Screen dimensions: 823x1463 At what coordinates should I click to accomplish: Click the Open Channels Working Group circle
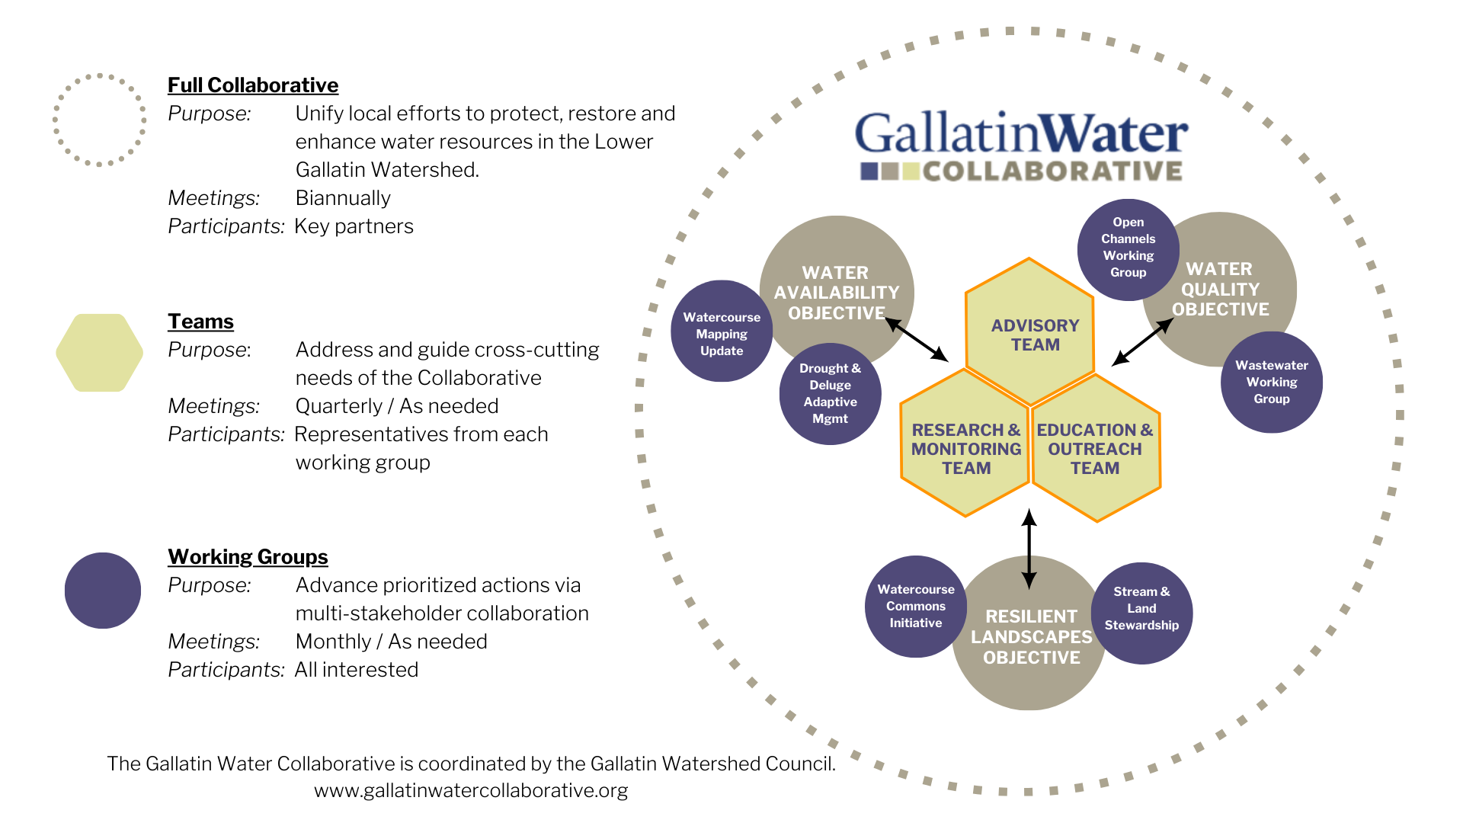pyautogui.click(x=1128, y=248)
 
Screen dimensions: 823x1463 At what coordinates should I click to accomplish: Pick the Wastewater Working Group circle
pyautogui.click(x=1271, y=382)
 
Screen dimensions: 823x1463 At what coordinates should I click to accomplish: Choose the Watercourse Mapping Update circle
pyautogui.click(x=721, y=333)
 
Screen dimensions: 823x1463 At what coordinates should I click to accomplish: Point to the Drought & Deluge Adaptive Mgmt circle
pyautogui.click(x=830, y=393)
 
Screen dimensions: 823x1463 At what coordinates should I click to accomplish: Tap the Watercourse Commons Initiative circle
pyautogui.click(x=915, y=606)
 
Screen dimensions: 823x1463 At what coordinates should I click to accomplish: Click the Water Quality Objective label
pyautogui.click(x=1220, y=289)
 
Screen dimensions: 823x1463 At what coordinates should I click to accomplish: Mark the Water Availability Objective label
pyautogui.click(x=836, y=293)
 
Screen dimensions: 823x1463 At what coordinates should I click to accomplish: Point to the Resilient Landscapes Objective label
pyautogui.click(x=1031, y=637)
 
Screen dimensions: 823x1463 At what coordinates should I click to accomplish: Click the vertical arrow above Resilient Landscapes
pyautogui.click(x=1029, y=549)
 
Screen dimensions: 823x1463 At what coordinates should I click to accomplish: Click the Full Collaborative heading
pyautogui.click(x=252, y=85)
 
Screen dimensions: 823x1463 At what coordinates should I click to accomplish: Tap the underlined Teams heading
pyautogui.click(x=200, y=322)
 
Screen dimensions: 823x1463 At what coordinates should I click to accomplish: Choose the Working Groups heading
pyautogui.click(x=248, y=557)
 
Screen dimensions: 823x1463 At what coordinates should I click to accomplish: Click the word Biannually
pyautogui.click(x=343, y=198)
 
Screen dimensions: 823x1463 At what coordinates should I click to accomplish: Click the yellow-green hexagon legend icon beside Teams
pyautogui.click(x=100, y=353)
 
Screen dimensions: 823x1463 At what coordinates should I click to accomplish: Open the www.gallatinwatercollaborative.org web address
pyautogui.click(x=471, y=790)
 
